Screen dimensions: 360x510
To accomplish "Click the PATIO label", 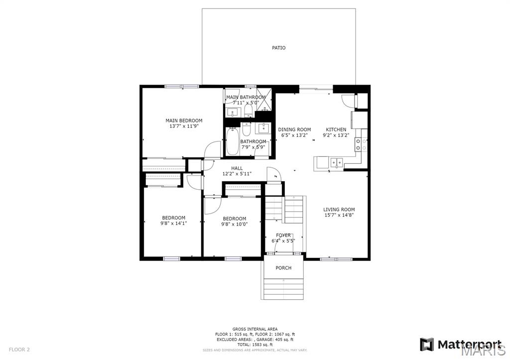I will click(278, 48).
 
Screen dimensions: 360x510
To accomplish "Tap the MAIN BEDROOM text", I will click(184, 120).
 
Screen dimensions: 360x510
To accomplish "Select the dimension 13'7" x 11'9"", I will click(184, 126).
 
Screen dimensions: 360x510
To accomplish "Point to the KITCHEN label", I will click(336, 129).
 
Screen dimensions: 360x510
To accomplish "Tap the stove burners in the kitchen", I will click(361, 144).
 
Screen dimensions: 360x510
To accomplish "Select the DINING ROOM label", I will click(294, 129).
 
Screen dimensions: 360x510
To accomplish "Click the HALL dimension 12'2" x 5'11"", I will click(237, 174).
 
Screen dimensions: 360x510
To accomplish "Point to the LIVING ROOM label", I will click(339, 210).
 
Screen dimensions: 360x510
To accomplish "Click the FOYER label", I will click(283, 235).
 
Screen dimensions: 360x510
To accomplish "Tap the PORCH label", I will click(283, 268).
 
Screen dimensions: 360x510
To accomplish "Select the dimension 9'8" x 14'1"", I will click(173, 224).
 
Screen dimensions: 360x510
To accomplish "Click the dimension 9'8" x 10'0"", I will click(234, 224).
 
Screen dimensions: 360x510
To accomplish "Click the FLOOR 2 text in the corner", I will click(19, 350).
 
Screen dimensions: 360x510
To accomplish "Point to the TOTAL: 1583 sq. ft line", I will click(255, 345).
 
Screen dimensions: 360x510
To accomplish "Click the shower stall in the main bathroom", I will click(265, 102).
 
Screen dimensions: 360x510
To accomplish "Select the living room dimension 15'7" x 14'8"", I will click(339, 216).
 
